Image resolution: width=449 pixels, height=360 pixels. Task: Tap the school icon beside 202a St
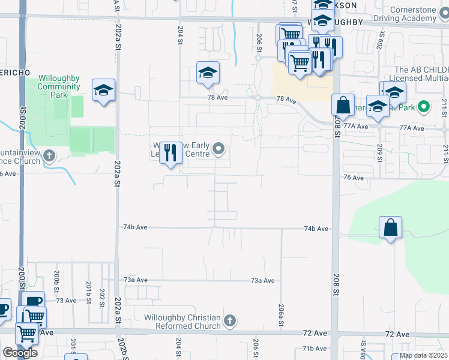[x=103, y=91]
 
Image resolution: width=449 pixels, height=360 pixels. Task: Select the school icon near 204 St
[x=208, y=73]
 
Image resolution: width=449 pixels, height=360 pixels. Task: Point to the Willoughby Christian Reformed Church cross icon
[x=229, y=321]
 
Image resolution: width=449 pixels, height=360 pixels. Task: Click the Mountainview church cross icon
[x=49, y=157]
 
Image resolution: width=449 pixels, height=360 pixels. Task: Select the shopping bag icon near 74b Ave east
[x=390, y=227]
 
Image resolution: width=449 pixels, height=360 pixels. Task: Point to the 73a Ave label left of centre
[x=136, y=280]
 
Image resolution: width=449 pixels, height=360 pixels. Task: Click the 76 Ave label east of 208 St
[x=354, y=178]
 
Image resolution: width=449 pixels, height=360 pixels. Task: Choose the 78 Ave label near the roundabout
[x=286, y=99]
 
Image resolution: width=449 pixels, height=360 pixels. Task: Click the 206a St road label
[x=281, y=315]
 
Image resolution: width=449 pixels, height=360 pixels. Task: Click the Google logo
[x=20, y=353]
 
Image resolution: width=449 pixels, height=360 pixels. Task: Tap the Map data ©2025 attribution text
[x=423, y=355]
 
